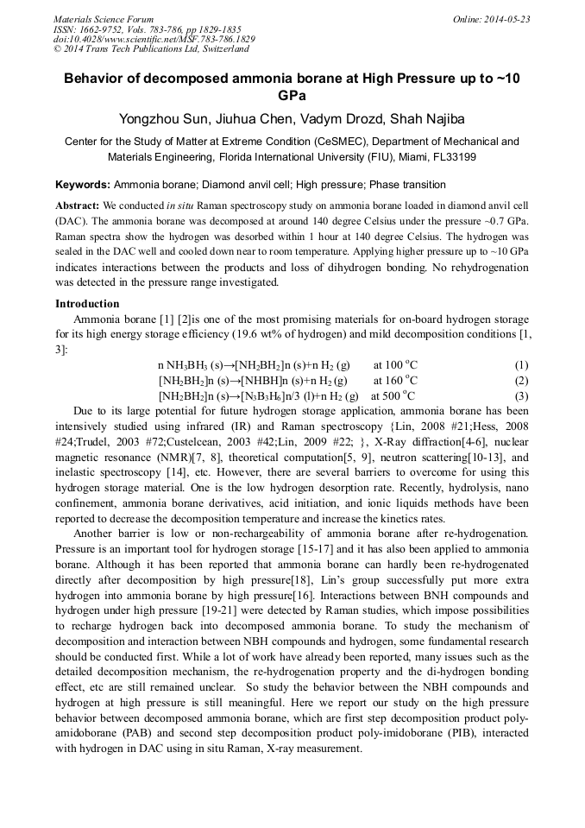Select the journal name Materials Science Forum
pos(104,19)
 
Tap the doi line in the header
pos(154,39)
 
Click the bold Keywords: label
pos(83,185)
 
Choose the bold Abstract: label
pos(77,206)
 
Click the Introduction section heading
pos(87,304)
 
